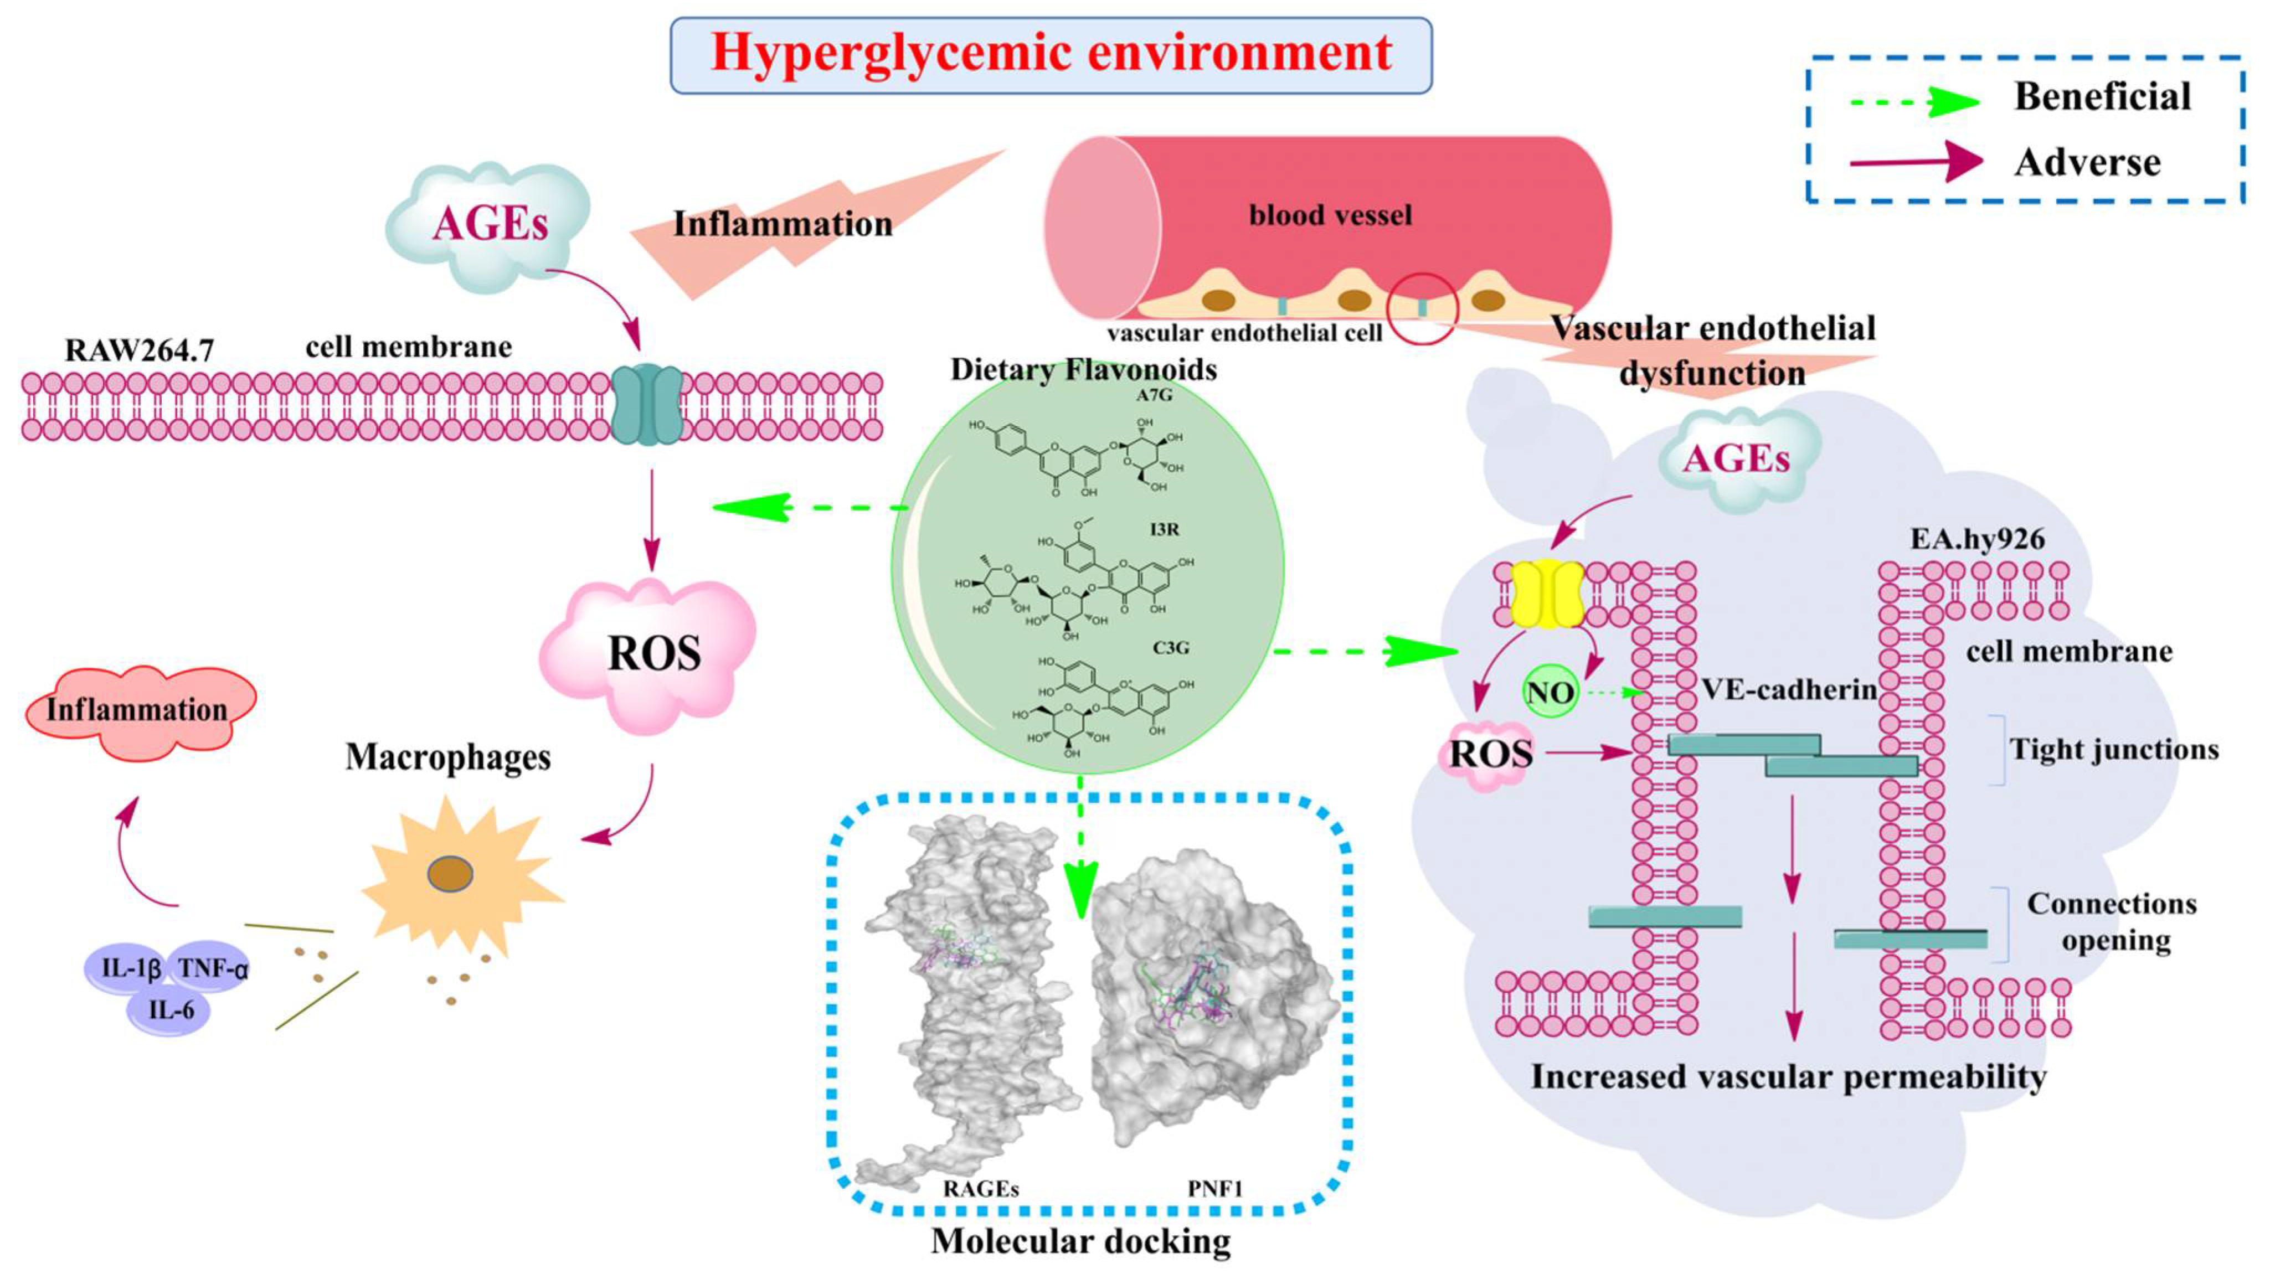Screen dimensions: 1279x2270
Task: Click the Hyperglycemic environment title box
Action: pyautogui.click(x=1051, y=55)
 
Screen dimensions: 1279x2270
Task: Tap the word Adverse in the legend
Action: pyautogui.click(x=2087, y=163)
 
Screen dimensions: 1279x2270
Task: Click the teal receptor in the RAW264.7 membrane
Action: pyautogui.click(x=647, y=405)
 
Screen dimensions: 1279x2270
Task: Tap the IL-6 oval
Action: pyautogui.click(x=170, y=1009)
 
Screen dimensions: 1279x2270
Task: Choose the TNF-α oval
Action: pyautogui.click(x=212, y=969)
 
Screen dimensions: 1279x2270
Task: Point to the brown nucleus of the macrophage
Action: pyautogui.click(x=450, y=874)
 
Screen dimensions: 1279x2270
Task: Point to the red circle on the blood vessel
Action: pyautogui.click(x=1422, y=308)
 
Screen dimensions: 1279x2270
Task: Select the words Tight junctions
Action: pyautogui.click(x=2113, y=750)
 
